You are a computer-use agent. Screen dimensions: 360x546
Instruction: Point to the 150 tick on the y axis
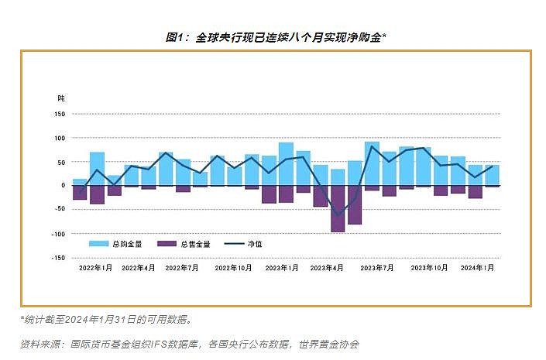coord(59,114)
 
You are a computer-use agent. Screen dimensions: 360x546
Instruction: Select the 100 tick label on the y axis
coord(59,138)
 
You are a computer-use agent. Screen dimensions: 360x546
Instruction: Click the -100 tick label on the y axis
coord(57,234)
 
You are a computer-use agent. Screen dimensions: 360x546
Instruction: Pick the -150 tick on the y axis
coord(57,258)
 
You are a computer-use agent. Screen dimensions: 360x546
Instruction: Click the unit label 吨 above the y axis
coord(62,99)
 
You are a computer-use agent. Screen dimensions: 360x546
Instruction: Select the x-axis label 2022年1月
coord(95,268)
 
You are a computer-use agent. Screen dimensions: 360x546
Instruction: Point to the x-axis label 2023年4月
coord(326,268)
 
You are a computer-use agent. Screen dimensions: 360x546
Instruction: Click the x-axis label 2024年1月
coord(477,268)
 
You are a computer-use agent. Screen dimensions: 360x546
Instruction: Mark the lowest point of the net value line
coord(338,215)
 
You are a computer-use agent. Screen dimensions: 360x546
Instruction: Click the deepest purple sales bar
coord(338,208)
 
